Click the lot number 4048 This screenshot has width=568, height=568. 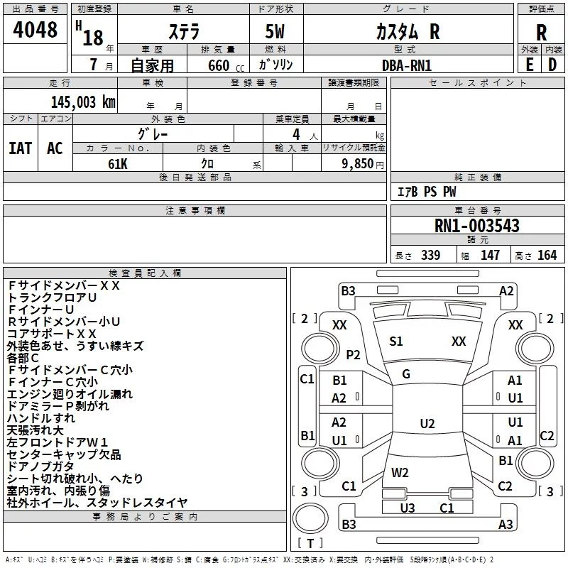click(35, 29)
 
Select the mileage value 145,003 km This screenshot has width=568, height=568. click(83, 102)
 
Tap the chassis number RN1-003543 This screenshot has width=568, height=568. click(476, 226)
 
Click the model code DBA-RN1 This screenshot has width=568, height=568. click(407, 65)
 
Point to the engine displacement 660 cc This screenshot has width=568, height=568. click(226, 65)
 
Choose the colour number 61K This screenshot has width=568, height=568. click(118, 164)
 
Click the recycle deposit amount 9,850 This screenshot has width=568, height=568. click(358, 163)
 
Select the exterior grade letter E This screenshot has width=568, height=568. click(529, 65)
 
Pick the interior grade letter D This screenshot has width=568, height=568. click(552, 65)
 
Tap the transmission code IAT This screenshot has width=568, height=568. click(21, 148)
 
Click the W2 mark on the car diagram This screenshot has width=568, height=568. click(400, 472)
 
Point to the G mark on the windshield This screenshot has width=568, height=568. click(406, 374)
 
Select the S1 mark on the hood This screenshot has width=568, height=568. click(396, 342)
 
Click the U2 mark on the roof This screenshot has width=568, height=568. click(427, 423)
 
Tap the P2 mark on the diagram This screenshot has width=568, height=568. click(353, 354)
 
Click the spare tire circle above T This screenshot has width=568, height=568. click(310, 518)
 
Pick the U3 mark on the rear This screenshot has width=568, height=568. click(408, 508)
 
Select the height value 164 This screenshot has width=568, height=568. click(547, 255)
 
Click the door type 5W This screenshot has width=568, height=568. click(275, 31)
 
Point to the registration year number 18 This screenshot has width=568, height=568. click(93, 38)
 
